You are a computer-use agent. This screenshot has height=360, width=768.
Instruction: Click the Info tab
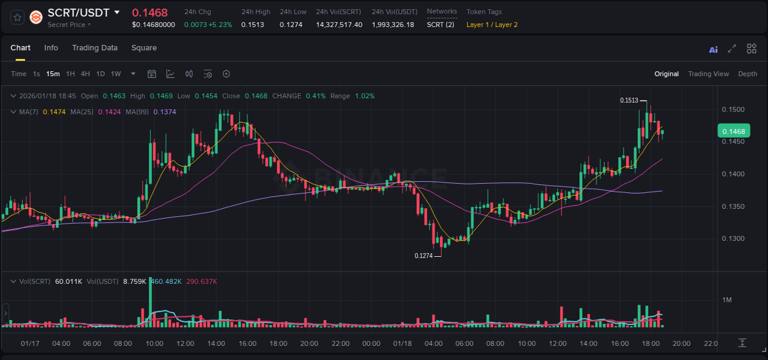coord(51,48)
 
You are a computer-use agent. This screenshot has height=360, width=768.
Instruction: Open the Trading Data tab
coord(95,48)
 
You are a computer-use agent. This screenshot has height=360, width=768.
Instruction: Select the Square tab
coord(144,48)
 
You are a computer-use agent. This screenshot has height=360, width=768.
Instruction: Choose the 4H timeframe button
coord(85,74)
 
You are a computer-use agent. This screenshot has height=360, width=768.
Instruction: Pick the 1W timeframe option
coord(116,74)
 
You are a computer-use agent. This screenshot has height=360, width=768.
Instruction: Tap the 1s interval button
coord(36,74)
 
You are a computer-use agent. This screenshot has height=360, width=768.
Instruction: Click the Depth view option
coord(747,74)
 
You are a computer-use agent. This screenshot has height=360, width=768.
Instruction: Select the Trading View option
coord(708,74)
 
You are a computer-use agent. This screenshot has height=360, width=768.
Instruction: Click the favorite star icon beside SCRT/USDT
coord(18,17)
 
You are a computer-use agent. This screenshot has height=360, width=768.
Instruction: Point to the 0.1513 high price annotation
coord(629,100)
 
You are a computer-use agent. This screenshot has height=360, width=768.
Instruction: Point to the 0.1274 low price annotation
coord(423,256)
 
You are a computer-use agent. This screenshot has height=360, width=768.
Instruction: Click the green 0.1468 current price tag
coord(734,131)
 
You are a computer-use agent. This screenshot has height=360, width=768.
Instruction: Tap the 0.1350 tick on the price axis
coord(733,206)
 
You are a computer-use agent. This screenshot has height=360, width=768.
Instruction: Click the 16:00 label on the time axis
coord(620,343)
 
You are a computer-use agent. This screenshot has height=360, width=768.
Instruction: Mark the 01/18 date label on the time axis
coord(402,343)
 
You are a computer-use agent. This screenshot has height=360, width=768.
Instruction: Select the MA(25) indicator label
coord(82,112)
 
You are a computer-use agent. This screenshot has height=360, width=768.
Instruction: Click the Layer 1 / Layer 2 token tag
coord(492,25)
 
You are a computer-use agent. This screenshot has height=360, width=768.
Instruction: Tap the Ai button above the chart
coord(713,50)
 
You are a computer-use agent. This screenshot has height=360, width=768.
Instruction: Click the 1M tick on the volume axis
coord(727,300)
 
